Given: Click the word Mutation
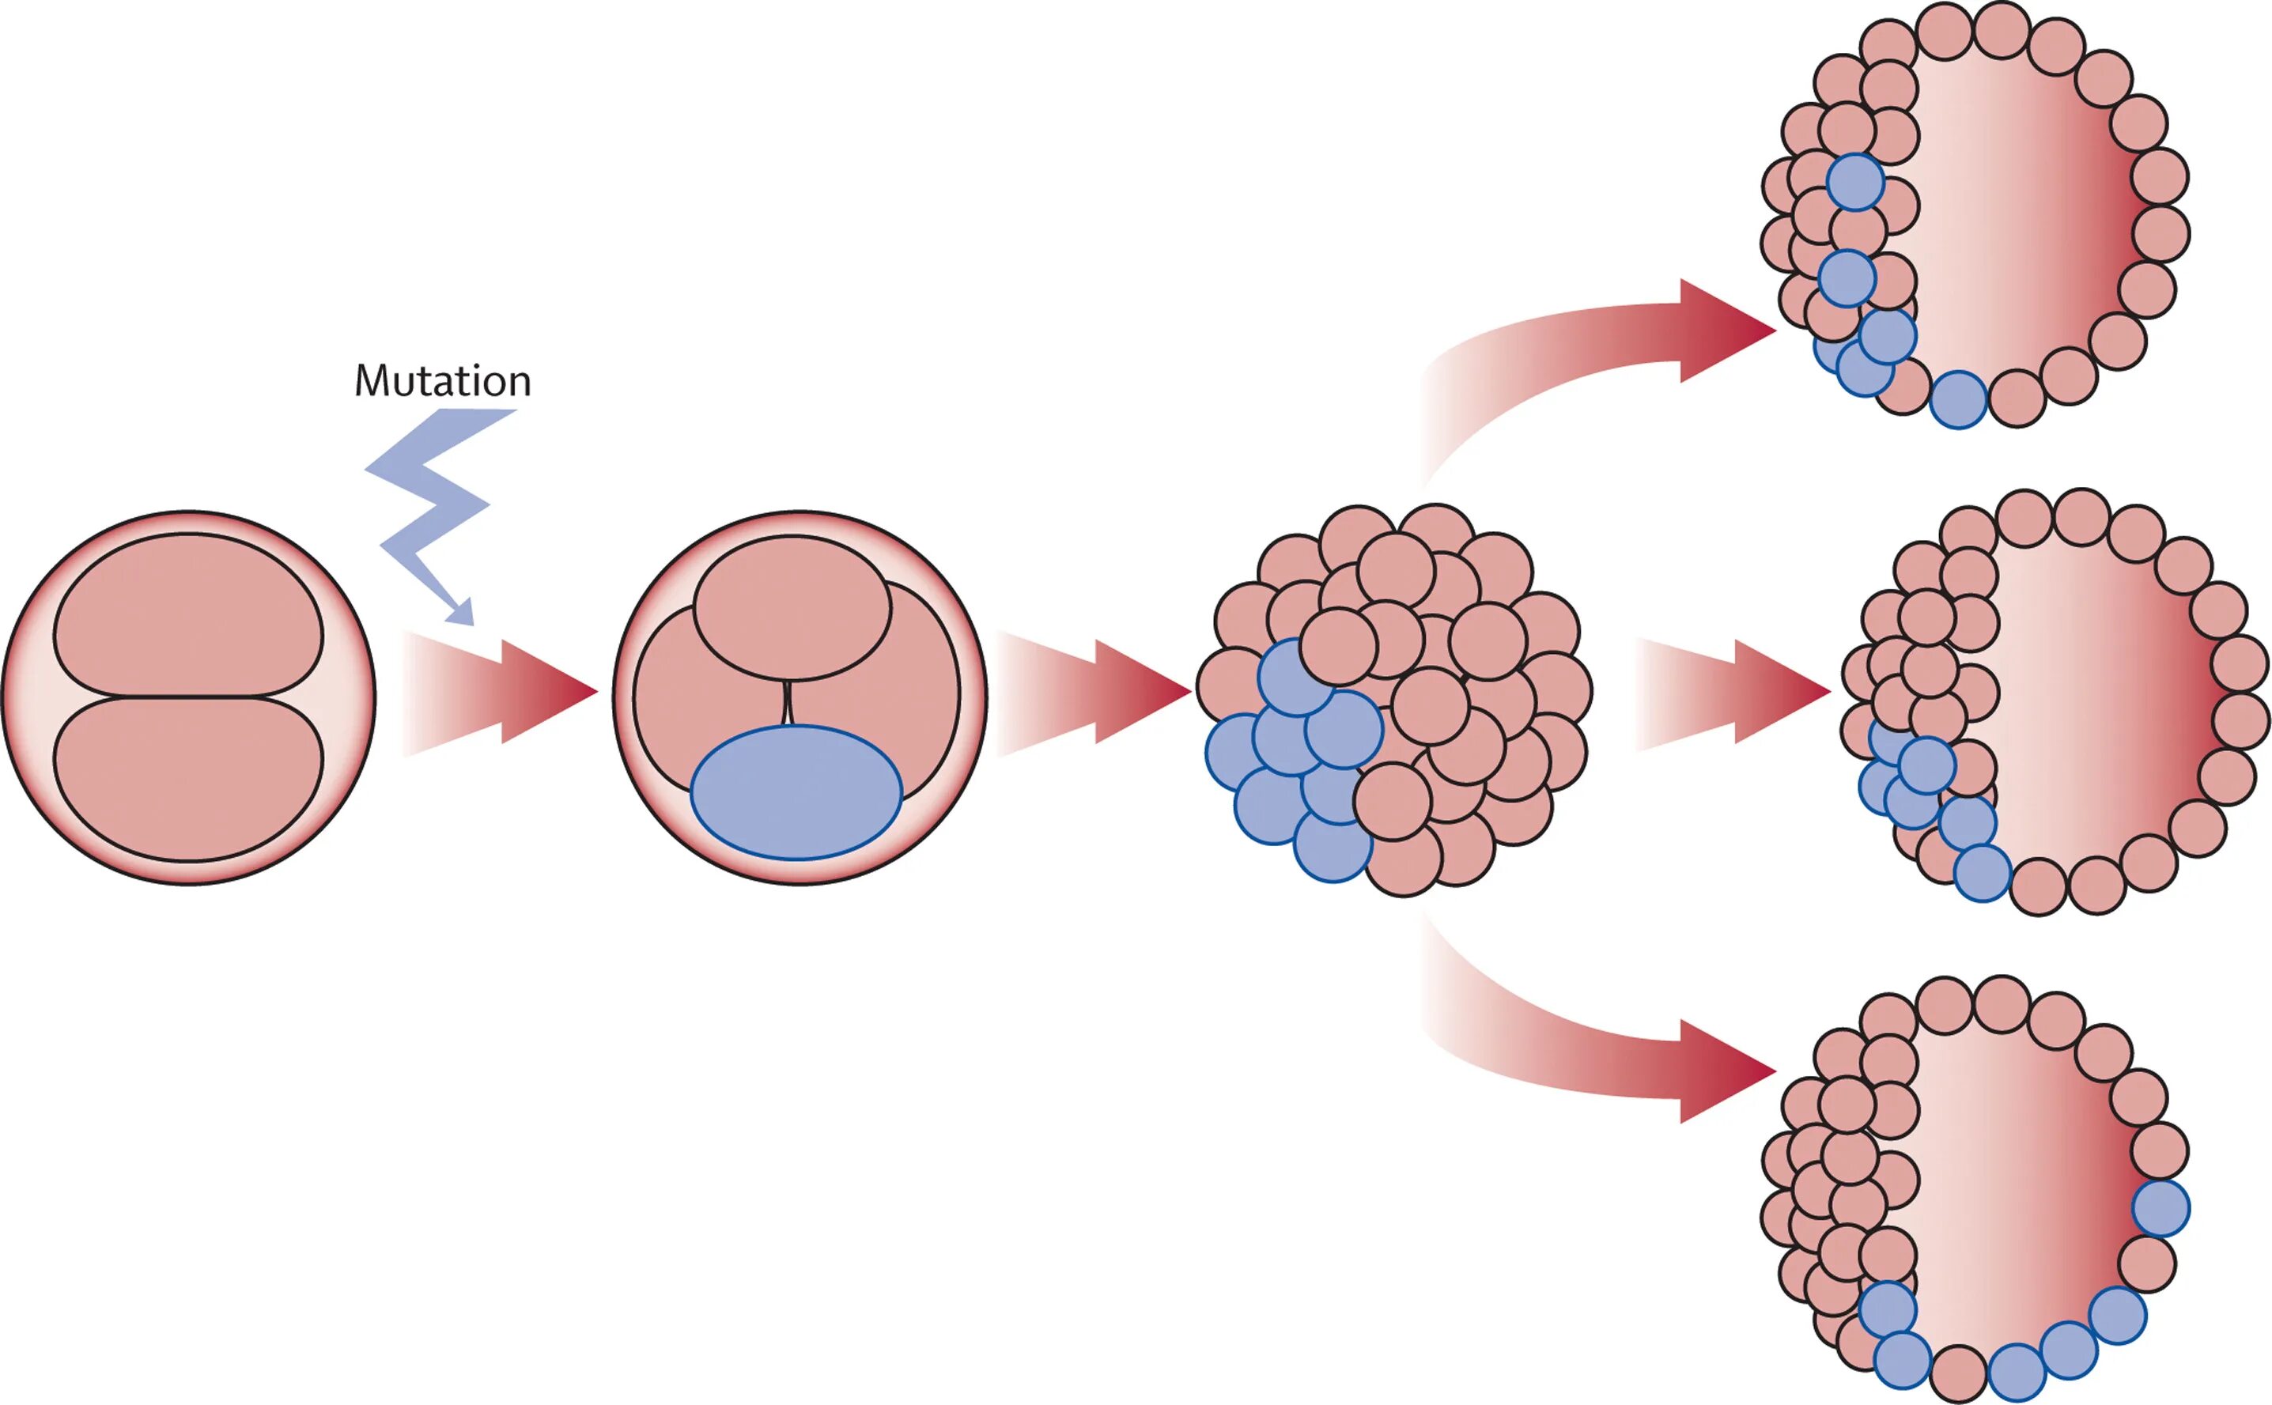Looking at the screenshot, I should pos(442,381).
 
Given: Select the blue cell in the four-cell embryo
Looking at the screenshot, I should pos(796,791).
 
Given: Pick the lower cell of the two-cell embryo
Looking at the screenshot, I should pos(189,779).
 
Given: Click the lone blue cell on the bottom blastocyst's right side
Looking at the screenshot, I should pos(2160,1209).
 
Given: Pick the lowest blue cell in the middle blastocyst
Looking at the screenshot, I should pos(1982,874).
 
